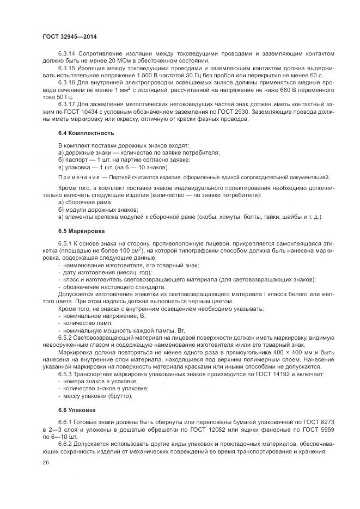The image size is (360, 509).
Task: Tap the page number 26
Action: pyautogui.click(x=45, y=462)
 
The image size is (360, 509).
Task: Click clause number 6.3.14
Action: pyautogui.click(x=68, y=53)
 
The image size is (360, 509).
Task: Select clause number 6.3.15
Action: pyautogui.click(x=68, y=68)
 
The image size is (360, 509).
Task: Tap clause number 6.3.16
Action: pyautogui.click(x=68, y=82)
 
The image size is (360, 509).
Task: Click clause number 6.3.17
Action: pyautogui.click(x=68, y=103)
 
